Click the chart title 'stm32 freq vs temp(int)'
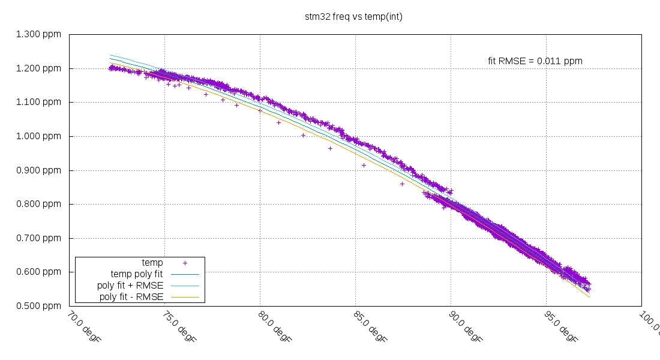tap(353, 17)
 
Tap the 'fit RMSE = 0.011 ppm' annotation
tap(535, 61)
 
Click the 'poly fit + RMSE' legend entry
tap(130, 285)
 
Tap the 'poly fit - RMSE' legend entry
tap(131, 296)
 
